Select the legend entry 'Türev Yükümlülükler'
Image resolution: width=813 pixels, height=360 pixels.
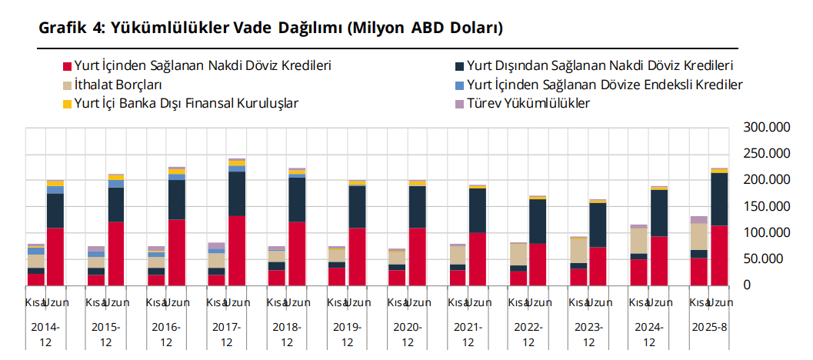pos(528,103)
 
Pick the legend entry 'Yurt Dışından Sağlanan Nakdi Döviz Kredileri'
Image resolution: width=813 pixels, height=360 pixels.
pos(599,66)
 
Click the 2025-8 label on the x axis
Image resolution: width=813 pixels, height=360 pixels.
pos(709,327)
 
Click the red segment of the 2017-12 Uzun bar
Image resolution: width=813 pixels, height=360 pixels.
pos(237,251)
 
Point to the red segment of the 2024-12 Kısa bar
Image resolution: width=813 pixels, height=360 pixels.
pos(638,272)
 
